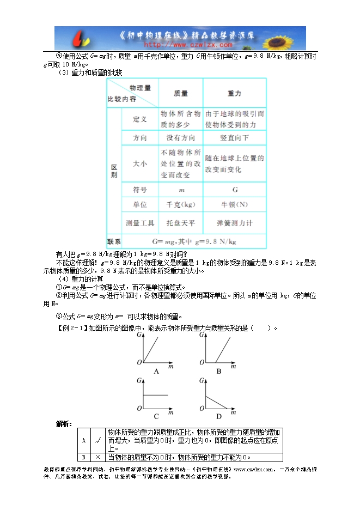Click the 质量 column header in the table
(180, 93)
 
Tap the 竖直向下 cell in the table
(235, 138)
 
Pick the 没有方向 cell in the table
(180, 138)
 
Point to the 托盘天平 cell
(180, 223)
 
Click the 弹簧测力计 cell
(235, 223)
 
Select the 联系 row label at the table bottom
(114, 241)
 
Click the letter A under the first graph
(156, 371)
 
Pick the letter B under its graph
(218, 371)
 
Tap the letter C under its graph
(156, 417)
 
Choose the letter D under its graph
(218, 417)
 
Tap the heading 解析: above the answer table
(64, 423)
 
